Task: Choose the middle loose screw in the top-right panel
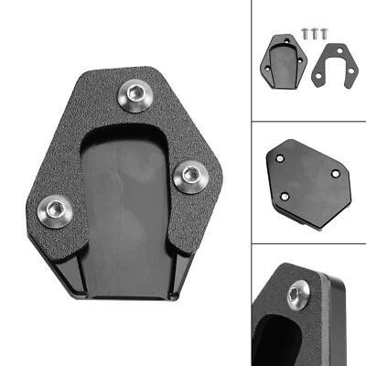coord(312,32)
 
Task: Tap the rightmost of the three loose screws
coord(321,32)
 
